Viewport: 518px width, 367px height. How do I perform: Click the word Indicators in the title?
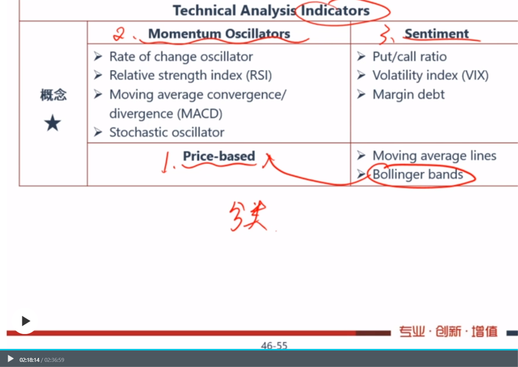(335, 11)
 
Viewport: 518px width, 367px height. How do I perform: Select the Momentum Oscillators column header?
(219, 34)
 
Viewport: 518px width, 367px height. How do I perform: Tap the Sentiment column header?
(437, 34)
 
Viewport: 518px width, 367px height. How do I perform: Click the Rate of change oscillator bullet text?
(181, 57)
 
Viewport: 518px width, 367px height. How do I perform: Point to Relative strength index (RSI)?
(191, 75)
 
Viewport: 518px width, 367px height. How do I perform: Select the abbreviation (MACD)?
(200, 114)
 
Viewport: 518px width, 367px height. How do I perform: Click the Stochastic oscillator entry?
(167, 132)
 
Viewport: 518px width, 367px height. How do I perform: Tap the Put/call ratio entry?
(409, 57)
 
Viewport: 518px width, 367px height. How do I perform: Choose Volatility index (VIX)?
(430, 75)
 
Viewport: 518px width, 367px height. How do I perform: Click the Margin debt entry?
(408, 95)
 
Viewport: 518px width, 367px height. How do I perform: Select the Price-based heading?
(219, 156)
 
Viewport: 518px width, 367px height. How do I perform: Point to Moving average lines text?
(434, 156)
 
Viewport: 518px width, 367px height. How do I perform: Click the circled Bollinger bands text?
(418, 174)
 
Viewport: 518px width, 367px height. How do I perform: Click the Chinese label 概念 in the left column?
(53, 95)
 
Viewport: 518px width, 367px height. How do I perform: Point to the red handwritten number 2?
(119, 34)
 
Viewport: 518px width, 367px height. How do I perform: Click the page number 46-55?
(274, 345)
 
